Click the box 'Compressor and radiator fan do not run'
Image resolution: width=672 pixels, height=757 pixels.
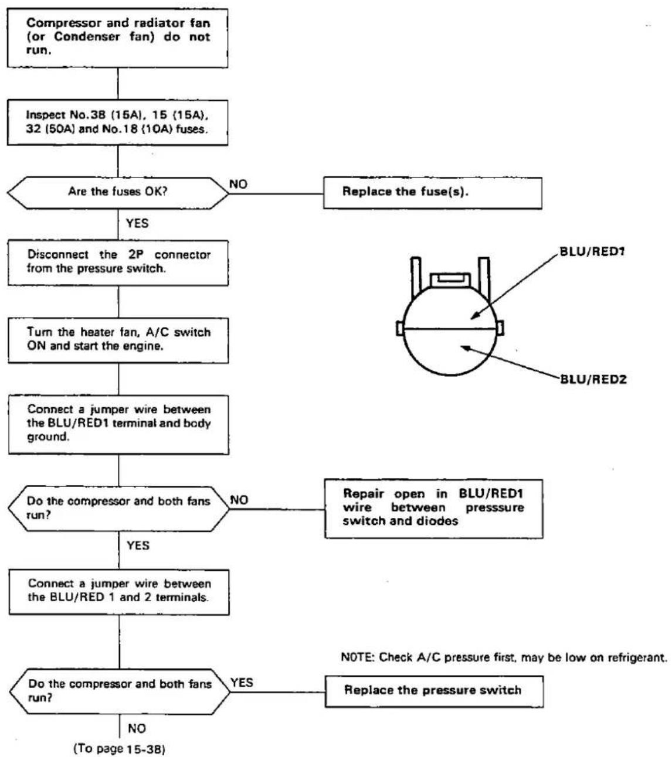click(x=117, y=38)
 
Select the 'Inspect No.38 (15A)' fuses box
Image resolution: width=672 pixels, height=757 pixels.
click(x=117, y=122)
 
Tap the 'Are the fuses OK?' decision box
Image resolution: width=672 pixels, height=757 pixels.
click(x=118, y=193)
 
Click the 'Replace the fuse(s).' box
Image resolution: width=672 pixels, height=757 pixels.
click(x=433, y=193)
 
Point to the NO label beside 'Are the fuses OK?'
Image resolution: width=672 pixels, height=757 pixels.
click(x=238, y=184)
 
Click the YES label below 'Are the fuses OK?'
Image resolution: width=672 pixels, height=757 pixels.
click(x=137, y=223)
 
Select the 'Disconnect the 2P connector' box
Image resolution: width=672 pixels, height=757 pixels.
click(x=118, y=262)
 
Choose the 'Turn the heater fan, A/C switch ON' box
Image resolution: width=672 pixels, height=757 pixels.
click(x=118, y=340)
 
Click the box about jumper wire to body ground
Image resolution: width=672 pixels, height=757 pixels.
click(x=118, y=425)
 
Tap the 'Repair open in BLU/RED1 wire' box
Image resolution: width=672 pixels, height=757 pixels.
click(x=434, y=509)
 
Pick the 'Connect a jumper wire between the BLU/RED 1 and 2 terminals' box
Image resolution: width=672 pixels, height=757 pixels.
click(x=119, y=592)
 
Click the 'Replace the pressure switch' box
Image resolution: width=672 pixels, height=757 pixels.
click(x=434, y=691)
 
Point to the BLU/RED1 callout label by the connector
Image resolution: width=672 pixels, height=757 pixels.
click(x=592, y=251)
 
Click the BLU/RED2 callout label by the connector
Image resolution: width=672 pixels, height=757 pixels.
click(x=593, y=379)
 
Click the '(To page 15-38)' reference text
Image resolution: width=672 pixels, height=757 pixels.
click(x=119, y=748)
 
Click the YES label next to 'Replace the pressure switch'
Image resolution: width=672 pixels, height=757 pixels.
click(x=242, y=683)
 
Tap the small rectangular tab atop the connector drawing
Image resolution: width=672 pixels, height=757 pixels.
click(x=450, y=279)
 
